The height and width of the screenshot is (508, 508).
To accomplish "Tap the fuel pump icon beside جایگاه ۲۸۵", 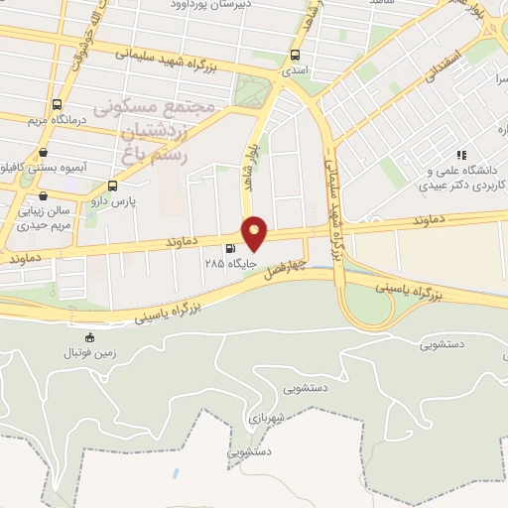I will coord(231,249).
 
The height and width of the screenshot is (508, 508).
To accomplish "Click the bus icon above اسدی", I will coord(295,56).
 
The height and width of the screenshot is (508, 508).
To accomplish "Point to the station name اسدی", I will coord(295,71).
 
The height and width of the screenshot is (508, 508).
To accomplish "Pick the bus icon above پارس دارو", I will coord(112,186).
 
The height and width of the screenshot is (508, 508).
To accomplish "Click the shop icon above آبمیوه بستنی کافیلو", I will coord(44,152).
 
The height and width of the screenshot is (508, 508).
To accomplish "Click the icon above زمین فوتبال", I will coord(91,337).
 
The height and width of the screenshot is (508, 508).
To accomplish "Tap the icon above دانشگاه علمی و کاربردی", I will coord(459,155).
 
